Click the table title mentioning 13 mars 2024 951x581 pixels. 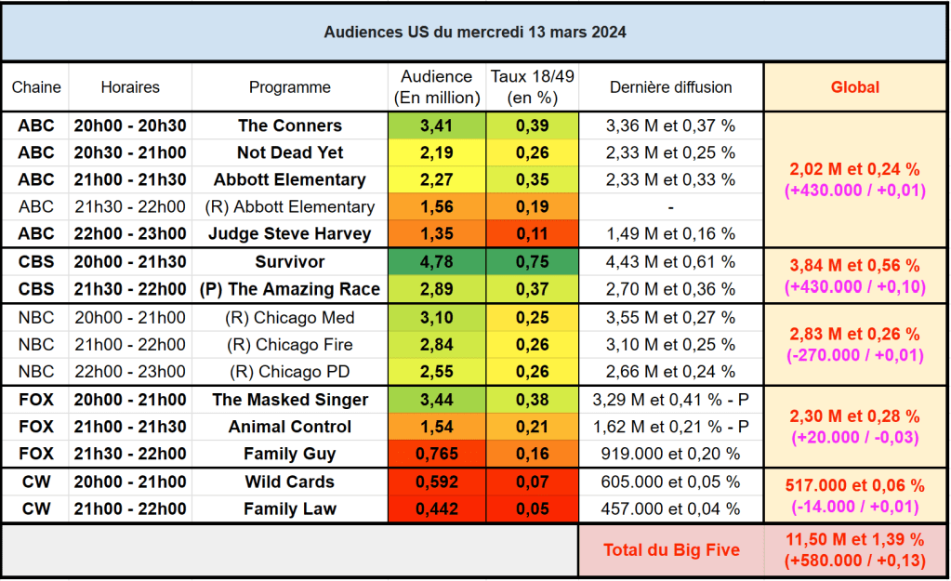[x=475, y=32]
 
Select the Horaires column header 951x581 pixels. [x=130, y=86]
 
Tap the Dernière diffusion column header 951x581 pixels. [x=670, y=86]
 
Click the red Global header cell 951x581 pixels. [x=855, y=86]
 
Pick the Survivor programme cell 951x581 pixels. [x=290, y=262]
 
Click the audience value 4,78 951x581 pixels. [x=436, y=262]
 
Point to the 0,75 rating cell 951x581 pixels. [x=533, y=262]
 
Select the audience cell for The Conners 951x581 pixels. [x=436, y=125]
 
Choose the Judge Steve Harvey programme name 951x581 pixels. [x=290, y=233]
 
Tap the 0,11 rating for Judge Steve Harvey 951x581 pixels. [x=533, y=233]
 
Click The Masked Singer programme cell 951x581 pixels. [x=290, y=400]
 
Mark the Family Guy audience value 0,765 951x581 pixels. [x=436, y=455]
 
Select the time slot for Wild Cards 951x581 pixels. [x=130, y=482]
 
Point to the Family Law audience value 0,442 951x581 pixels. [x=436, y=509]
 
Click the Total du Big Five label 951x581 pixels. [x=671, y=549]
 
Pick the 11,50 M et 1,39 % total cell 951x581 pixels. [x=855, y=549]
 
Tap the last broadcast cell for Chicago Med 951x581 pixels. [x=670, y=318]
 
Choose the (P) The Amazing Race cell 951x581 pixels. [x=290, y=289]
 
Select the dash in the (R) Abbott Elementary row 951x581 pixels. [x=670, y=207]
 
